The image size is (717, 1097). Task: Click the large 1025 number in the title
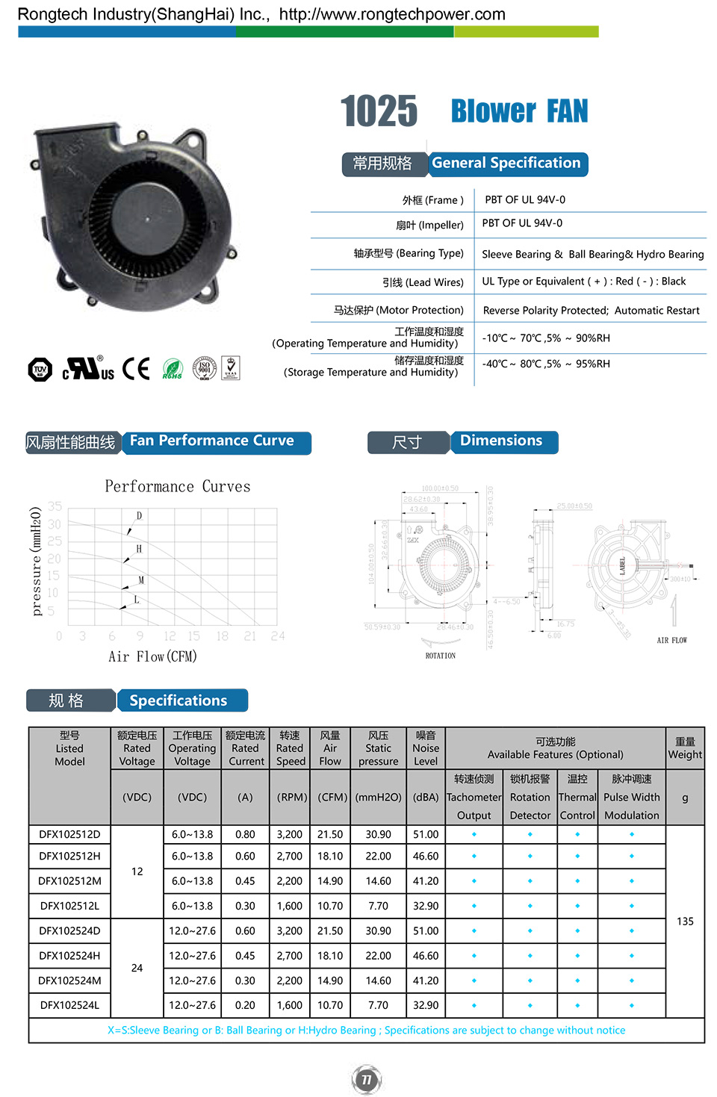379,111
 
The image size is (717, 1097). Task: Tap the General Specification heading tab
506,164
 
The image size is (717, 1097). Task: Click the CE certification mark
136,369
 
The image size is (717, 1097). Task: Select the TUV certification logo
40,369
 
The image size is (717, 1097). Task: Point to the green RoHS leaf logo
173,369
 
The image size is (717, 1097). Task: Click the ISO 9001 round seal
204,368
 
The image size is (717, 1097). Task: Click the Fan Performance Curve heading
212,441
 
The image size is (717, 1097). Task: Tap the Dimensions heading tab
501,441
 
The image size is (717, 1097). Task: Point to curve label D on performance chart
139,516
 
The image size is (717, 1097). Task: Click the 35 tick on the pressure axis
55,506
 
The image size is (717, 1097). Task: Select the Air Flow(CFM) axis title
152,656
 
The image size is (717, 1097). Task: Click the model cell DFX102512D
69,834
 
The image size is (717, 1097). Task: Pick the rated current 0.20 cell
245,1005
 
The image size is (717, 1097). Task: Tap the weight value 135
685,922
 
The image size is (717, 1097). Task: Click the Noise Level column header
426,748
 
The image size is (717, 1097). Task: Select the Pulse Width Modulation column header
632,797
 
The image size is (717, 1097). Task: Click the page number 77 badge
366,1079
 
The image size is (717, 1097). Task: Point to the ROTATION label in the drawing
441,656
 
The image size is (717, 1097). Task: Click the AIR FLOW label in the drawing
671,641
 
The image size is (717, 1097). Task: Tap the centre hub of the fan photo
147,220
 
